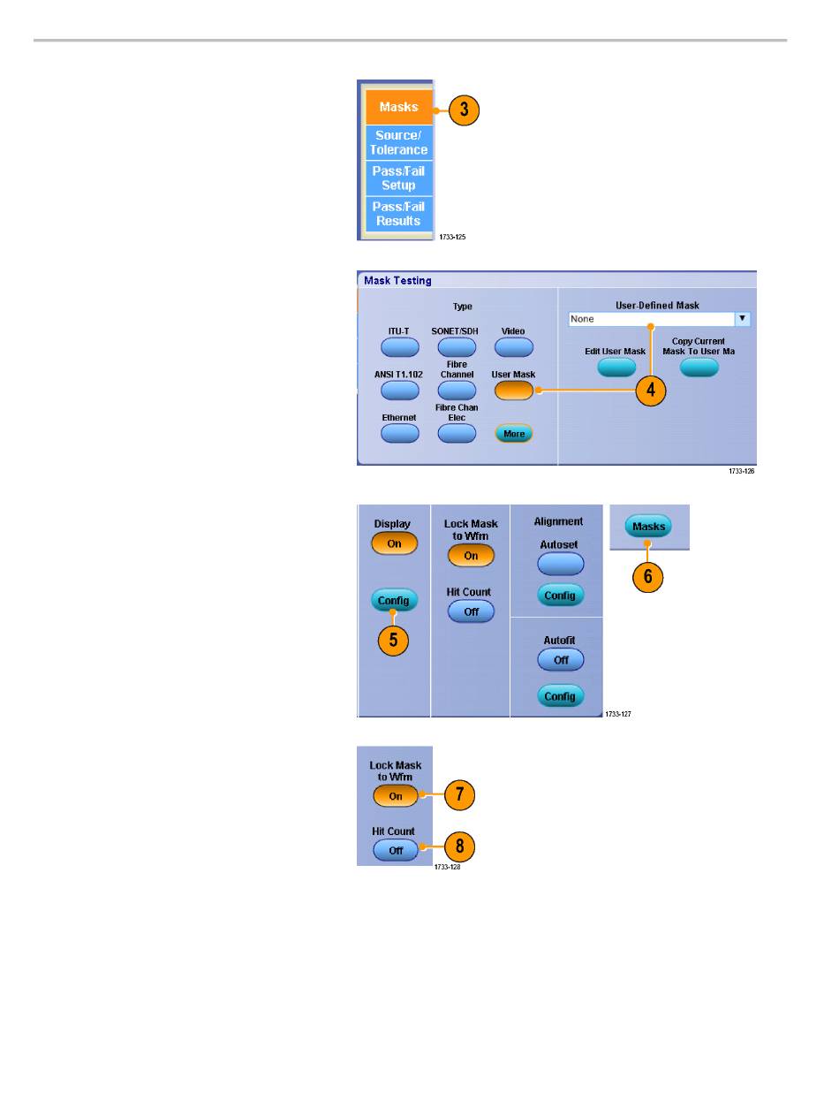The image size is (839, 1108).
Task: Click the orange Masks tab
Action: (x=398, y=107)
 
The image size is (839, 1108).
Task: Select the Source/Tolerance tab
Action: (x=398, y=143)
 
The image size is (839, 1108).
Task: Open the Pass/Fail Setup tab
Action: (x=398, y=178)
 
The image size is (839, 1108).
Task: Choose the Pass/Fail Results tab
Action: (x=398, y=214)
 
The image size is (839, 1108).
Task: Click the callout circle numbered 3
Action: (x=464, y=110)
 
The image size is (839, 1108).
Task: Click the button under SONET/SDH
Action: (x=457, y=346)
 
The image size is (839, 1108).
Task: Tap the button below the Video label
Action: (x=513, y=346)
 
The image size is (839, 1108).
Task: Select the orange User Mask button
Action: (x=513, y=390)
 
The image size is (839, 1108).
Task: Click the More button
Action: (x=513, y=434)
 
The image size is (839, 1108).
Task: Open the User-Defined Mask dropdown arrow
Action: (x=743, y=319)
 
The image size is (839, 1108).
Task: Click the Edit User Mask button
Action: (x=616, y=368)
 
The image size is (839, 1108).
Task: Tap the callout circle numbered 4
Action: (x=651, y=391)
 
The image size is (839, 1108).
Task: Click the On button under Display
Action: (x=394, y=543)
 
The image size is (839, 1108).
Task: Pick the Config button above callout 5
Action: (x=394, y=601)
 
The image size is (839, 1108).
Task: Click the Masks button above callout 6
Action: (x=647, y=527)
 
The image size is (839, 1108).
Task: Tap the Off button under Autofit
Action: (x=560, y=659)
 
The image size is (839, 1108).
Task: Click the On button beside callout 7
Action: (x=396, y=796)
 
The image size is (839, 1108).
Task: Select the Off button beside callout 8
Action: (x=396, y=850)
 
